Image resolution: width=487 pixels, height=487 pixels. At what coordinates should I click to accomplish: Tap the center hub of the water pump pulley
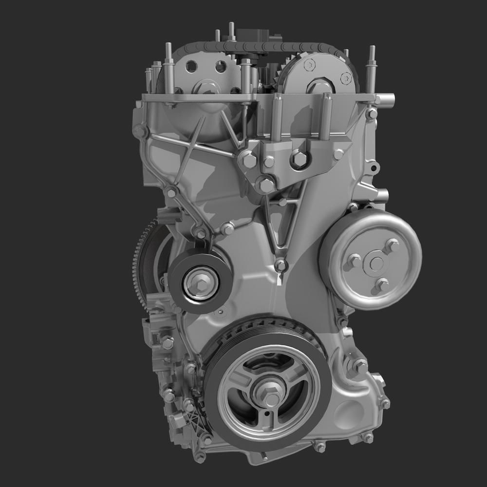(376, 263)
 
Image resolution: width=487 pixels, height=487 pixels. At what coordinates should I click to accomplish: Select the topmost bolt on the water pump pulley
(391, 245)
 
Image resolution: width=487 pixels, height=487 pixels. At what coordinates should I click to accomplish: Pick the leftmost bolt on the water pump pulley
(354, 262)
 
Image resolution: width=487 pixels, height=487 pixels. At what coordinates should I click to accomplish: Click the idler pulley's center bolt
(200, 281)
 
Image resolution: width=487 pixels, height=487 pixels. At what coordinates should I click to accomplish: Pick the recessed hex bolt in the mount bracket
(299, 158)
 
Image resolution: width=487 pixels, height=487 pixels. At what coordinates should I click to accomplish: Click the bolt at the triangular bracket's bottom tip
(280, 265)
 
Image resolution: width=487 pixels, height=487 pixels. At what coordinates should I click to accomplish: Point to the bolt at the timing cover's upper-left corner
(140, 131)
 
